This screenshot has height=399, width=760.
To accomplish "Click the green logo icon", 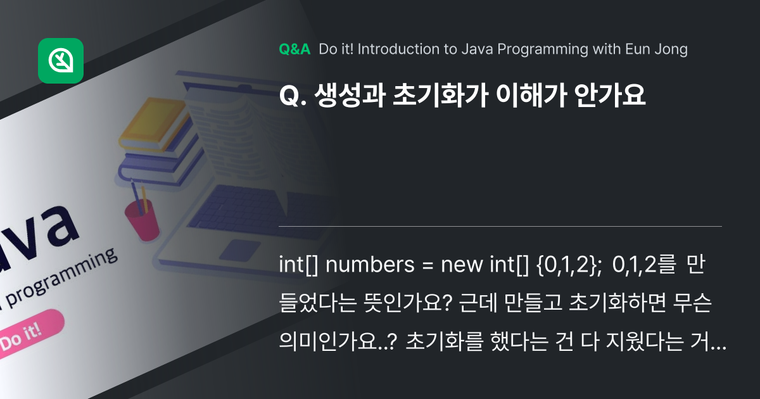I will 61,61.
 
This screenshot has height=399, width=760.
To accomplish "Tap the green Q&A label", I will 294,49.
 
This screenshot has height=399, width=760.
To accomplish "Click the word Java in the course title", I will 468,49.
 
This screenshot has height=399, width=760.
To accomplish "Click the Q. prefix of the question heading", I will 291,96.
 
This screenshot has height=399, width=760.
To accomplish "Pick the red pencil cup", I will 141,218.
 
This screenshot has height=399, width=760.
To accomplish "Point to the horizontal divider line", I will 500,226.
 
